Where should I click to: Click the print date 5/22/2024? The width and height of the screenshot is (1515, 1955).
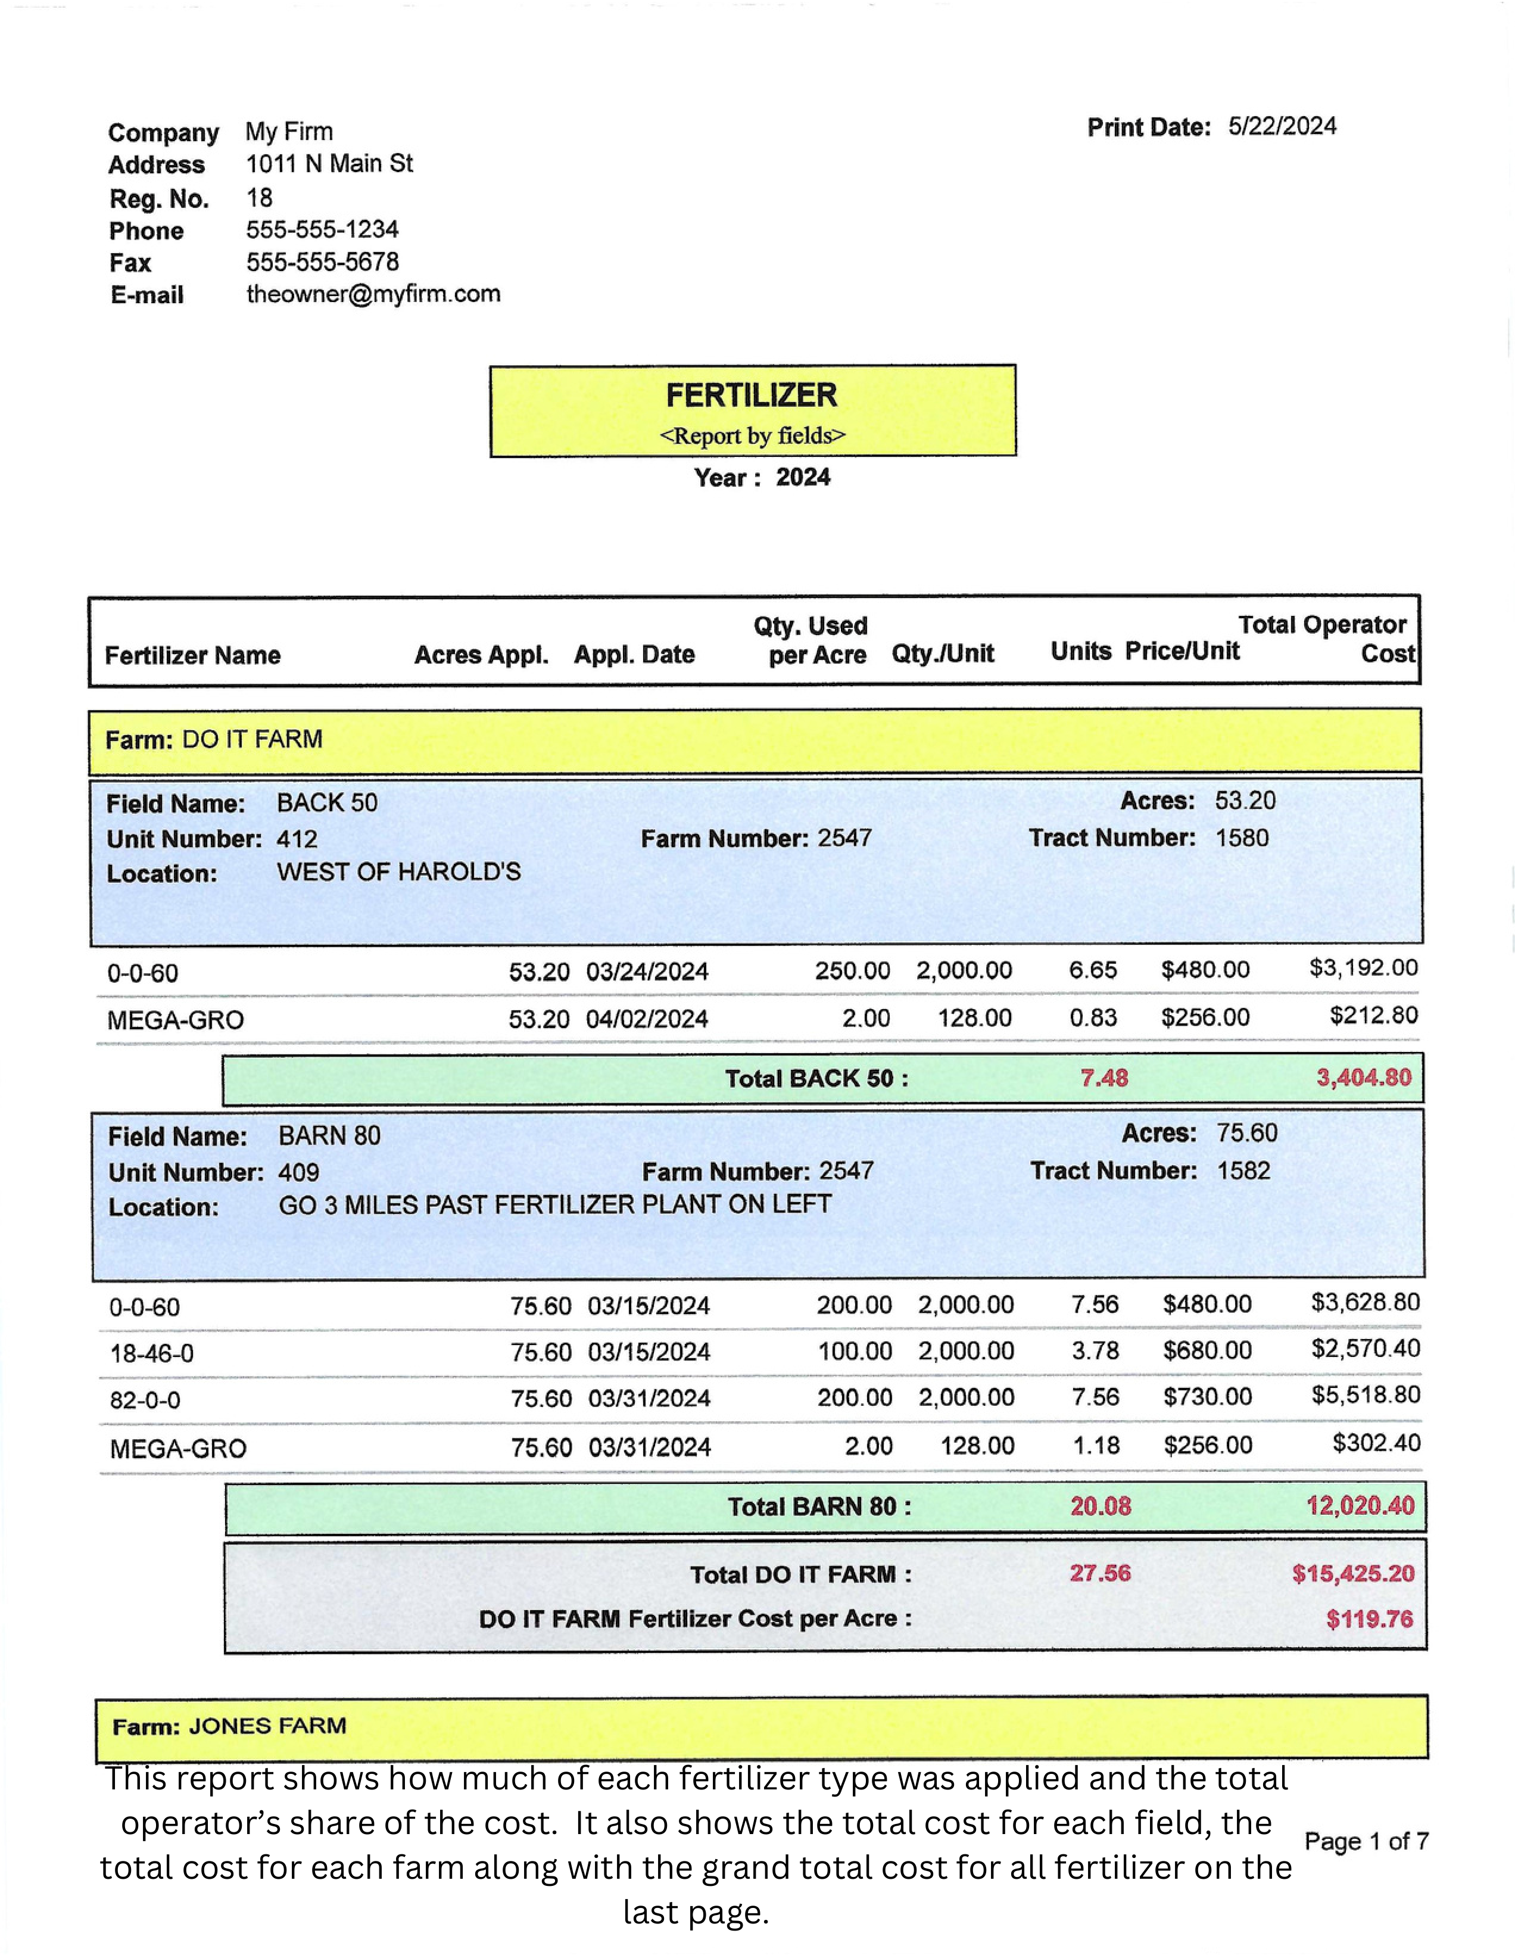pos(1282,126)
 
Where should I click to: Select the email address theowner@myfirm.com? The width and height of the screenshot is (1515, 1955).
pos(373,294)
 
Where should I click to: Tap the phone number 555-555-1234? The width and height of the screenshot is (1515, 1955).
pos(322,229)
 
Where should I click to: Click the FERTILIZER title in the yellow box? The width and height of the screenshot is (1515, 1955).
pos(751,395)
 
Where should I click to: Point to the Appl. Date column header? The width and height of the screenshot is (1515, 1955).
pos(634,655)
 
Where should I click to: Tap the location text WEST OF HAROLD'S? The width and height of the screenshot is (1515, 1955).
pos(398,872)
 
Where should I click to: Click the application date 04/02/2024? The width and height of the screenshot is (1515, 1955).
pos(647,1019)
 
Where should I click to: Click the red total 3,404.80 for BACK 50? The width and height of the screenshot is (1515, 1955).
pos(1363,1077)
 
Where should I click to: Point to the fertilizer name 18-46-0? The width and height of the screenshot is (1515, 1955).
pos(151,1353)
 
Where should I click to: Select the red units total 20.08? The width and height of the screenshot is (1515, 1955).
pos(1100,1506)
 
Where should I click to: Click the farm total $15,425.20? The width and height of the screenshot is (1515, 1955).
pos(1352,1574)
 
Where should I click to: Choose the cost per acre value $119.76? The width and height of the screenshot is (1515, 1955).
pos(1369,1618)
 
